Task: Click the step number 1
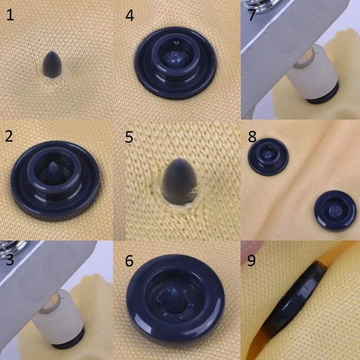coord(10,15)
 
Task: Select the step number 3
coord(9,260)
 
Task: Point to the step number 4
coord(129,16)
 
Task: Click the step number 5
coord(129,137)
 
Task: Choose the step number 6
coord(129,261)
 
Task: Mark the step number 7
coord(252,15)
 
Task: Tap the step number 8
coord(252,137)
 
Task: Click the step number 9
coord(252,261)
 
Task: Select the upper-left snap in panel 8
coord(268,157)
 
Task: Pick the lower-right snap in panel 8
coord(335,211)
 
